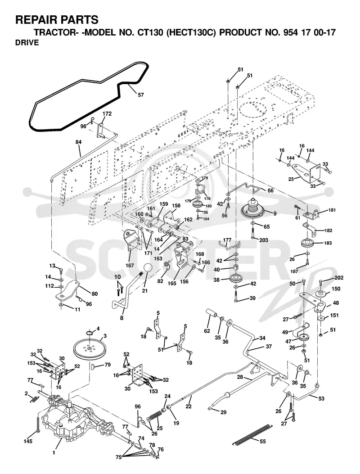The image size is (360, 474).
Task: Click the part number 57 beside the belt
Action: (x=141, y=95)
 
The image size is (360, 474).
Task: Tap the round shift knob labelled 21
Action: (x=148, y=268)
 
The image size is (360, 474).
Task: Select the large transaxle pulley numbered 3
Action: (x=89, y=350)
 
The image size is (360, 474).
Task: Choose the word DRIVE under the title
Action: (x=27, y=43)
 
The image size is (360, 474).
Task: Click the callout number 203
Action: (x=264, y=240)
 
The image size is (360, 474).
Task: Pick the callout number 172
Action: (x=107, y=114)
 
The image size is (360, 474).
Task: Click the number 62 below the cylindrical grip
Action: (x=207, y=331)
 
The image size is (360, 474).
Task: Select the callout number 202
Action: (x=339, y=277)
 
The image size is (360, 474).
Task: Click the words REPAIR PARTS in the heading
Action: (x=57, y=20)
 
